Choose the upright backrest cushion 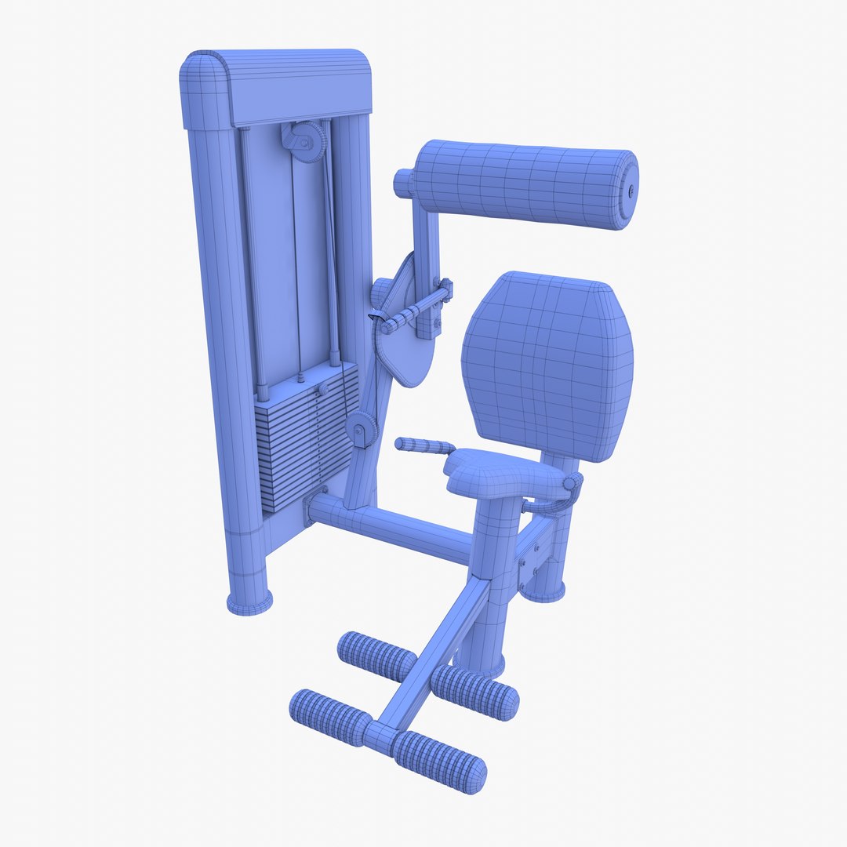pos(547,365)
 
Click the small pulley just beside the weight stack pos(362,431)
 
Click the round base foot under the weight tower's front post pos(249,602)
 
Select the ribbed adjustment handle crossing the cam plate pos(412,311)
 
